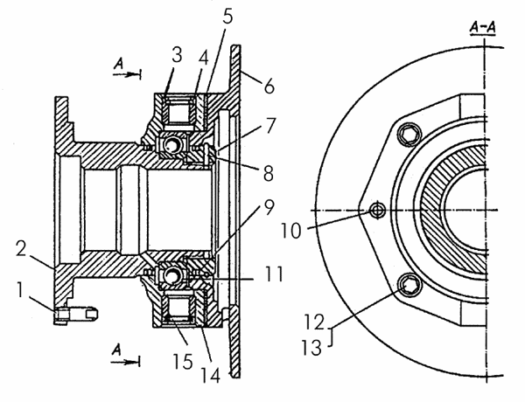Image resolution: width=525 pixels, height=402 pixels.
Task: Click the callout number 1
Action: pyautogui.click(x=20, y=289)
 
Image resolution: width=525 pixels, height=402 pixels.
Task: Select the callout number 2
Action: pyautogui.click(x=21, y=248)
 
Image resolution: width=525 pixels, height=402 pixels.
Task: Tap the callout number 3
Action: pyautogui.click(x=177, y=55)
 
